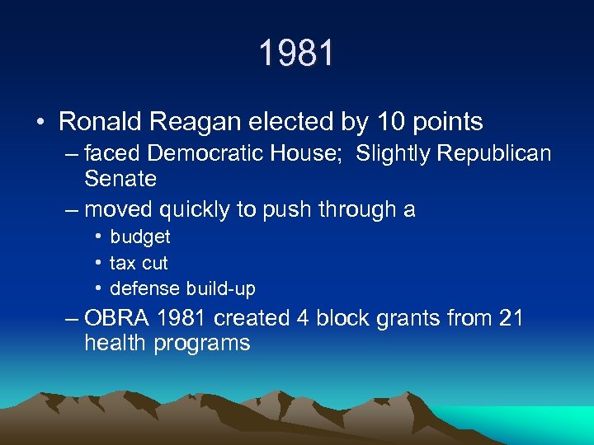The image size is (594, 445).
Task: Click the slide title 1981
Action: [297, 54]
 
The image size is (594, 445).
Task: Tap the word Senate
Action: [120, 179]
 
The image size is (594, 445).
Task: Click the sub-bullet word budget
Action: [140, 237]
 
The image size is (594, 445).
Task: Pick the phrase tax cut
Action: [139, 264]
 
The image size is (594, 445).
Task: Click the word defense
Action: [145, 289]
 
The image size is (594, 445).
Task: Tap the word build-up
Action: [221, 289]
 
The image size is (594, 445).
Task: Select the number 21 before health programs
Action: [510, 318]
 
